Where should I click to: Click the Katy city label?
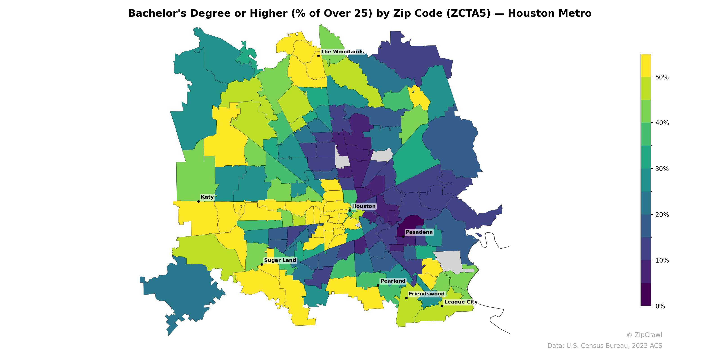207,197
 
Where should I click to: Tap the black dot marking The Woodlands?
318,56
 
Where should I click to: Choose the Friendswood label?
427,294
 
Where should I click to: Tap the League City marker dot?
442,306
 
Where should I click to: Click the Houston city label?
364,206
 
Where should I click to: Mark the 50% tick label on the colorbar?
662,77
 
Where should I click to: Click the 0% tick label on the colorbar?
660,306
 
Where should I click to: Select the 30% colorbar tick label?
662,169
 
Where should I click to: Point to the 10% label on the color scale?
662,261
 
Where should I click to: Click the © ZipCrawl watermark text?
644,335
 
